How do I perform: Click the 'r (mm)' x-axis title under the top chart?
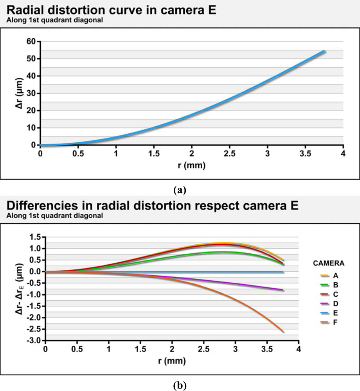(x=191, y=165)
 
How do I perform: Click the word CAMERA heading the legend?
(x=328, y=264)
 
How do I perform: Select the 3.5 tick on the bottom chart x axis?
(x=267, y=348)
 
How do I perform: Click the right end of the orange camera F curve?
(x=283, y=332)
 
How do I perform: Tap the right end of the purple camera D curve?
(x=283, y=290)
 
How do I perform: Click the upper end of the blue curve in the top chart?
(x=324, y=51)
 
